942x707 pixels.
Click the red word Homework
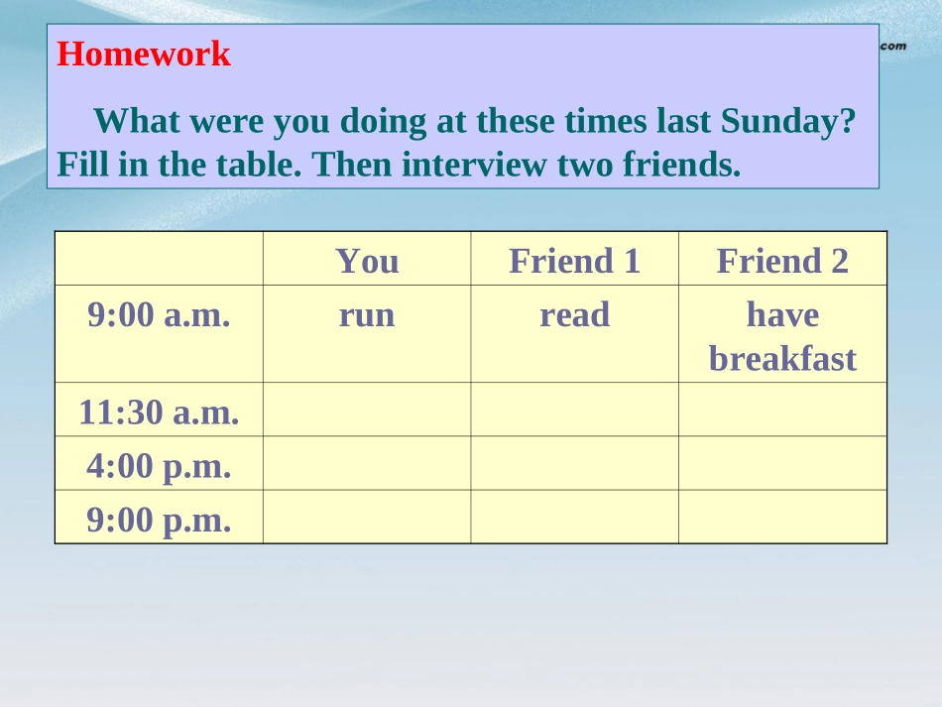click(x=144, y=55)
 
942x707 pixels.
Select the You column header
click(x=367, y=261)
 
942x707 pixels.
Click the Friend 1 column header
click(x=574, y=261)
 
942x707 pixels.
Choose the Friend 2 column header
click(x=782, y=261)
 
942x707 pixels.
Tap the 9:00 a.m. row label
click(x=159, y=315)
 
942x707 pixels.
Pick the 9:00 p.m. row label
click(x=159, y=519)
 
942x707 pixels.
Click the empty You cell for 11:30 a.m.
click(x=367, y=410)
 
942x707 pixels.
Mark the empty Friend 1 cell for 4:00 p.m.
click(x=574, y=463)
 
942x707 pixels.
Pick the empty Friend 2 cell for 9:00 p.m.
click(x=782, y=517)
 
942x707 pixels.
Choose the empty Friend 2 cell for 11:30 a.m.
click(x=782, y=410)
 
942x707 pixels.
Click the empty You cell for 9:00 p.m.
click(x=367, y=517)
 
